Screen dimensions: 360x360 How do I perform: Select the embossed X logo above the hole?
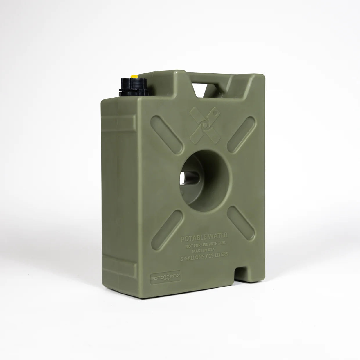coord(205,125)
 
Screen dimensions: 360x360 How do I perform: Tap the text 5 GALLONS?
coord(192,259)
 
